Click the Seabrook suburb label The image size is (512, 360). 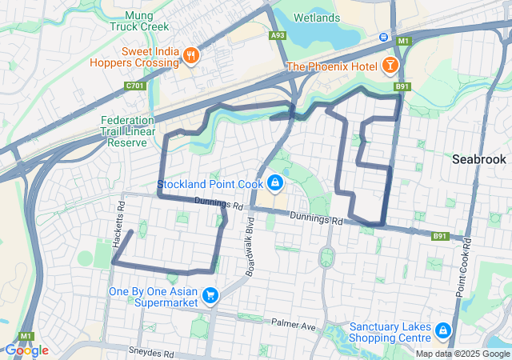pyautogui.click(x=478, y=159)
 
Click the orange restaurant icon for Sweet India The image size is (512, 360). pyautogui.click(x=190, y=55)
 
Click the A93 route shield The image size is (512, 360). pyautogui.click(x=278, y=36)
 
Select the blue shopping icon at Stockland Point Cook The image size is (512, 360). pyautogui.click(x=275, y=183)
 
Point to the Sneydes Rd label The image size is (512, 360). pyautogui.click(x=151, y=352)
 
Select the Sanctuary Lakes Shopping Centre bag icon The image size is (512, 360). pyautogui.click(x=443, y=330)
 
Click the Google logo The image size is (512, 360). pyautogui.click(x=26, y=350)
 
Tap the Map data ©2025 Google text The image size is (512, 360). pyautogui.click(x=462, y=354)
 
